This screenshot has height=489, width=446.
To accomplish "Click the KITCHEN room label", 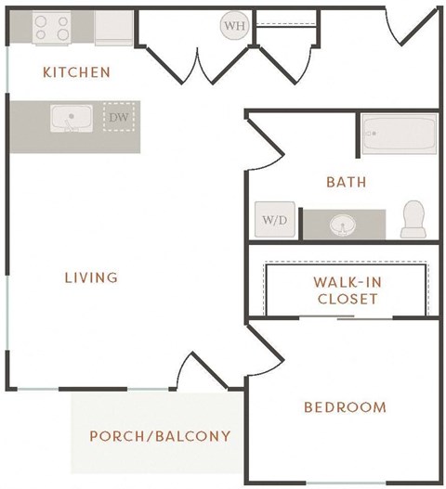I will (x=76, y=72).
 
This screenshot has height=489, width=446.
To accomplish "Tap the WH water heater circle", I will (x=233, y=25).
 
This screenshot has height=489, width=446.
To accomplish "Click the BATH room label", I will (x=346, y=182).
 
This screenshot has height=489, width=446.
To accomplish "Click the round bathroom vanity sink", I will (x=344, y=224).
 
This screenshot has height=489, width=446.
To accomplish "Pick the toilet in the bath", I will (x=413, y=219).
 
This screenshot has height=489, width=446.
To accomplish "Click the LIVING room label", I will (x=91, y=277).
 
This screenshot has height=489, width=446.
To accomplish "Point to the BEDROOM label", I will (x=345, y=407).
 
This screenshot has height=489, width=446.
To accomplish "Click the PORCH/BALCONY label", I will (x=160, y=435).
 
